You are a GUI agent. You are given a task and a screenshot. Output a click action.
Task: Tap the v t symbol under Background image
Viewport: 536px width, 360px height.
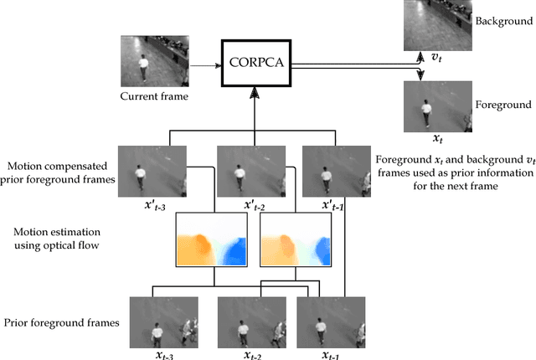click(x=435, y=55)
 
